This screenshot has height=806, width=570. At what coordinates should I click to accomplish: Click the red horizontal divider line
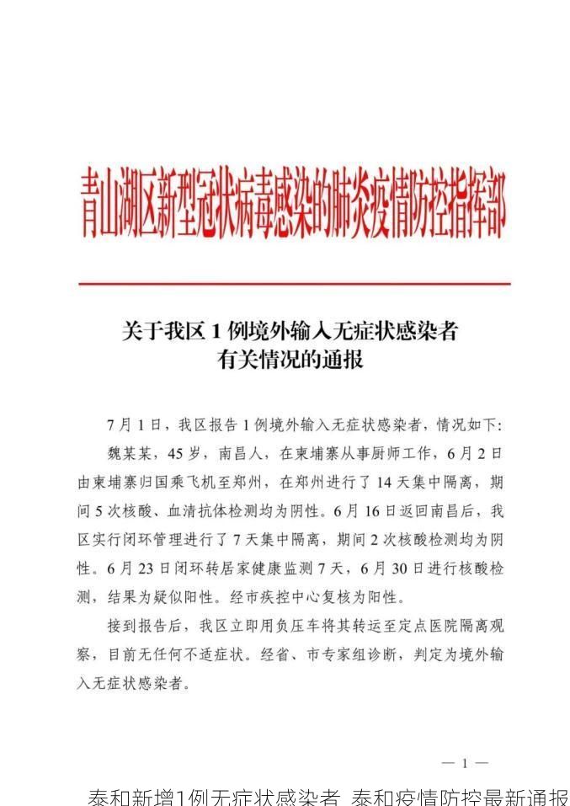pyautogui.click(x=294, y=284)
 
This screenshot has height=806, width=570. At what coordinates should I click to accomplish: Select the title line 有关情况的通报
pyautogui.click(x=290, y=360)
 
